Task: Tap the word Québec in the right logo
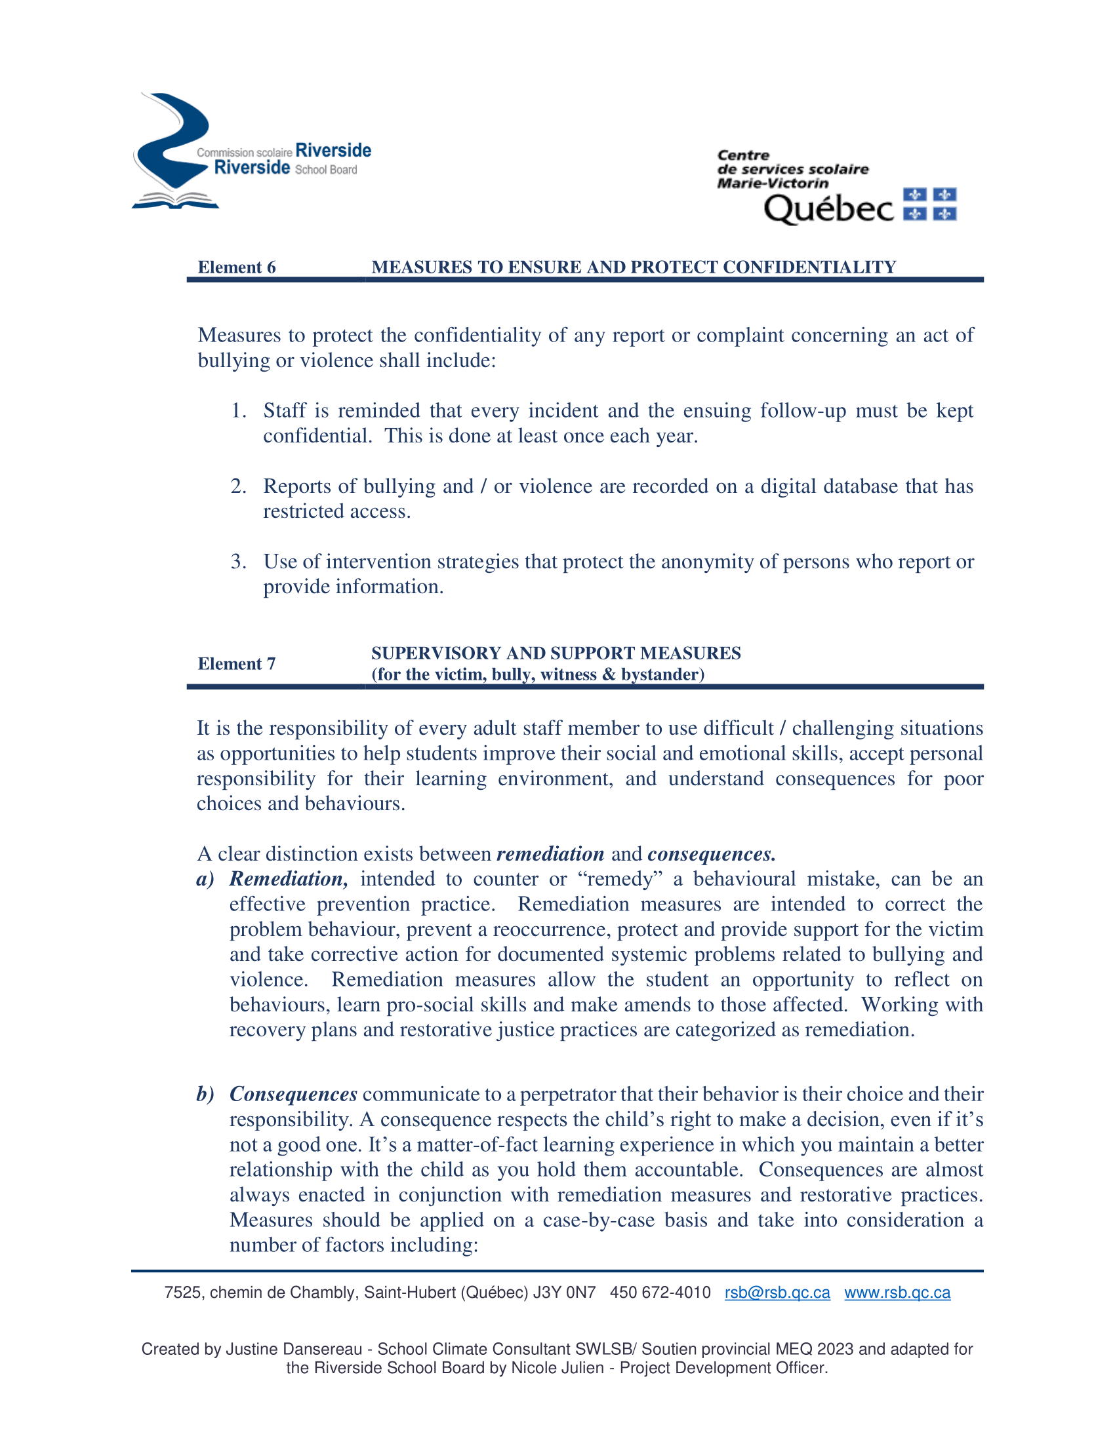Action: (x=828, y=208)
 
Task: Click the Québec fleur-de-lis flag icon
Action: (x=929, y=204)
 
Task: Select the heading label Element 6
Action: (x=237, y=267)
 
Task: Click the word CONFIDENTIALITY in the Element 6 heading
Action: (x=809, y=267)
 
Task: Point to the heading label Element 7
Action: (x=237, y=663)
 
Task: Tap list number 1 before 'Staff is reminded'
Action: (x=238, y=411)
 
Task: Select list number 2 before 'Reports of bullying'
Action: (x=238, y=486)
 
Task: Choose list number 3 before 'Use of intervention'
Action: (x=238, y=561)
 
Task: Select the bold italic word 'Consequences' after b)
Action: (x=293, y=1094)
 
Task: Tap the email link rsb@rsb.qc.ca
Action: (x=777, y=1293)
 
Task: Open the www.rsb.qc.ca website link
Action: (x=897, y=1293)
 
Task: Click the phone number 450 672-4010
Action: (x=660, y=1293)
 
